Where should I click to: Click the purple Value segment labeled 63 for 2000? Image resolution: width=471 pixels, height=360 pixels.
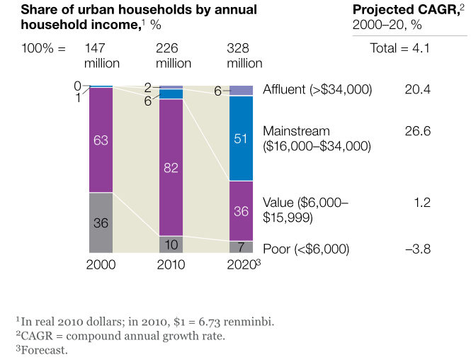click(101, 140)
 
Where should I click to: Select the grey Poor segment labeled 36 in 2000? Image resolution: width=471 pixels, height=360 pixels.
click(101, 223)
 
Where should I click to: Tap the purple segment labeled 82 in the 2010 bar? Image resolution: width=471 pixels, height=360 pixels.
click(171, 167)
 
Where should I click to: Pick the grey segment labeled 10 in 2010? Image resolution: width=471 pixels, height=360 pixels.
click(171, 244)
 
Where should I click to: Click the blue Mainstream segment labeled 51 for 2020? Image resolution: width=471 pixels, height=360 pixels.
click(242, 138)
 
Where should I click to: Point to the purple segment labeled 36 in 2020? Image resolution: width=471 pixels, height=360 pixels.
click(242, 211)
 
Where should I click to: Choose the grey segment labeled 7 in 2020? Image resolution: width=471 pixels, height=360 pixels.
click(242, 247)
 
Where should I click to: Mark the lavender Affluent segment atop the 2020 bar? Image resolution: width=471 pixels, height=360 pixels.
click(242, 90)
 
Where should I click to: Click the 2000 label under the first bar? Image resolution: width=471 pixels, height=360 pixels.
click(101, 265)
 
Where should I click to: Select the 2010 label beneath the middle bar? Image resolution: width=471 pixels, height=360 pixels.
click(171, 265)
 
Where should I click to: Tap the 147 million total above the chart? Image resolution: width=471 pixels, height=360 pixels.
click(102, 56)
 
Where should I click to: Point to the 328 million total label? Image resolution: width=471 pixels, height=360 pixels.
click(244, 56)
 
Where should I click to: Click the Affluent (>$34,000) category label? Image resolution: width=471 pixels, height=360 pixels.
click(317, 90)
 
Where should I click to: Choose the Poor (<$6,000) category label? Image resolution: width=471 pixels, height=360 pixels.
click(306, 249)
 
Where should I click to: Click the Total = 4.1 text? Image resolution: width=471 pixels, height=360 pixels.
click(400, 49)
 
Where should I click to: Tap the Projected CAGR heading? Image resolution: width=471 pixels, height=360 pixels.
click(398, 11)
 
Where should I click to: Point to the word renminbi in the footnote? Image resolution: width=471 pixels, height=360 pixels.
click(251, 321)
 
